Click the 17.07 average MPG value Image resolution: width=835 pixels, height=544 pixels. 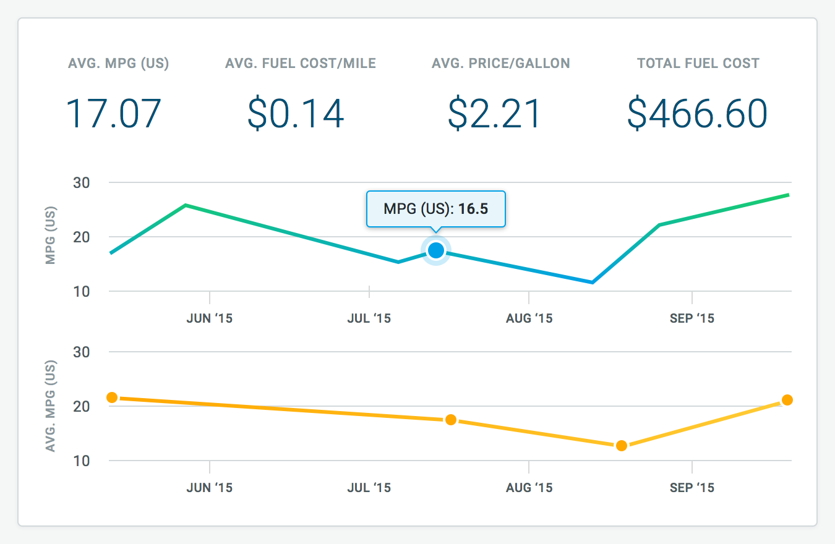114,114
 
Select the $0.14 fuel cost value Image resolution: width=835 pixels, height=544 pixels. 296,114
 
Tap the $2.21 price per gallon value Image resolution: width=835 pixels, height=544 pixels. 495,114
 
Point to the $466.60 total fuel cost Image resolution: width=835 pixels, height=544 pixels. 697,114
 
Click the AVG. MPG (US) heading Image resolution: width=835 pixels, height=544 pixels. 119,63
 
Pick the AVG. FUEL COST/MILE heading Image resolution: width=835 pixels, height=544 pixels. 301,63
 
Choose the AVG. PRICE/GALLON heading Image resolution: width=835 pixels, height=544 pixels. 500,63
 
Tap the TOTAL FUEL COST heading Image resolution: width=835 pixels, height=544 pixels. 698,63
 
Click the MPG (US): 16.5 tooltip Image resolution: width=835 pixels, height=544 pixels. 436,209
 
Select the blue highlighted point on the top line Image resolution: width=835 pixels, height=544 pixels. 436,250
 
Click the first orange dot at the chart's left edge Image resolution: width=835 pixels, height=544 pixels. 112,397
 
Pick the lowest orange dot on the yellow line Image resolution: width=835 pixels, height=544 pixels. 622,446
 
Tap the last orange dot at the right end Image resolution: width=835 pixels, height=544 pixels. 787,400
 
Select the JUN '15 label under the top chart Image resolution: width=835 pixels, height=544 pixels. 210,318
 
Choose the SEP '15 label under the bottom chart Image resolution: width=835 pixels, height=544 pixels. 692,488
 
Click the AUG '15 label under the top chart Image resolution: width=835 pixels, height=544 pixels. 529,318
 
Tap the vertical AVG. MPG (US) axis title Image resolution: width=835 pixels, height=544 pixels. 51,406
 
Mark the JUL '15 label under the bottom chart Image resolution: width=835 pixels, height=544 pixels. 369,488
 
